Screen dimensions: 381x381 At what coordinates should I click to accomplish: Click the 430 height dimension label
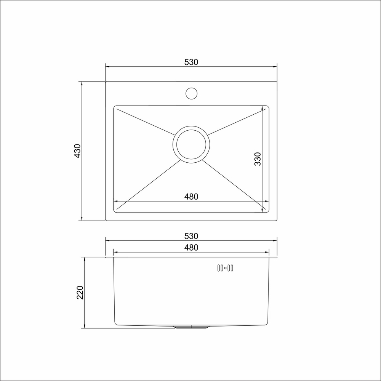click(77, 151)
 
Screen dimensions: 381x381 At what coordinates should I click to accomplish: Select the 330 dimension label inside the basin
click(258, 158)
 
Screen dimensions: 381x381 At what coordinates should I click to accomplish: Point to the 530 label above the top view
click(191, 62)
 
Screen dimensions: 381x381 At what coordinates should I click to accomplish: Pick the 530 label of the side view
click(191, 236)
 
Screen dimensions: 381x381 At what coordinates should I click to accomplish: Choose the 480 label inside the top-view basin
click(191, 197)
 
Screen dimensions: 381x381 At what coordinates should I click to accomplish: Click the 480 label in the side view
click(191, 248)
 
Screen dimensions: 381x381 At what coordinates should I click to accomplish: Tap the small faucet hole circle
click(191, 93)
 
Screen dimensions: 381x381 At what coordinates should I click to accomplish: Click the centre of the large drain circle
click(191, 144)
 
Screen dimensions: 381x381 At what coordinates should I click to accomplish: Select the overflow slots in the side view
click(225, 268)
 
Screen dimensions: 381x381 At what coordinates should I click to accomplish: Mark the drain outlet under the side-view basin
click(191, 327)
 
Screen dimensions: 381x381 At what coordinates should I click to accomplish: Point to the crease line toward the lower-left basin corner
click(149, 184)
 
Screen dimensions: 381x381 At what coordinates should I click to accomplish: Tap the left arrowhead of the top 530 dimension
click(107, 67)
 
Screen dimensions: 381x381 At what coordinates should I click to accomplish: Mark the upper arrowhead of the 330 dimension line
click(263, 108)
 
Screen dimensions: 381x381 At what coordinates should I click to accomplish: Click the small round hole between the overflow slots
click(225, 268)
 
